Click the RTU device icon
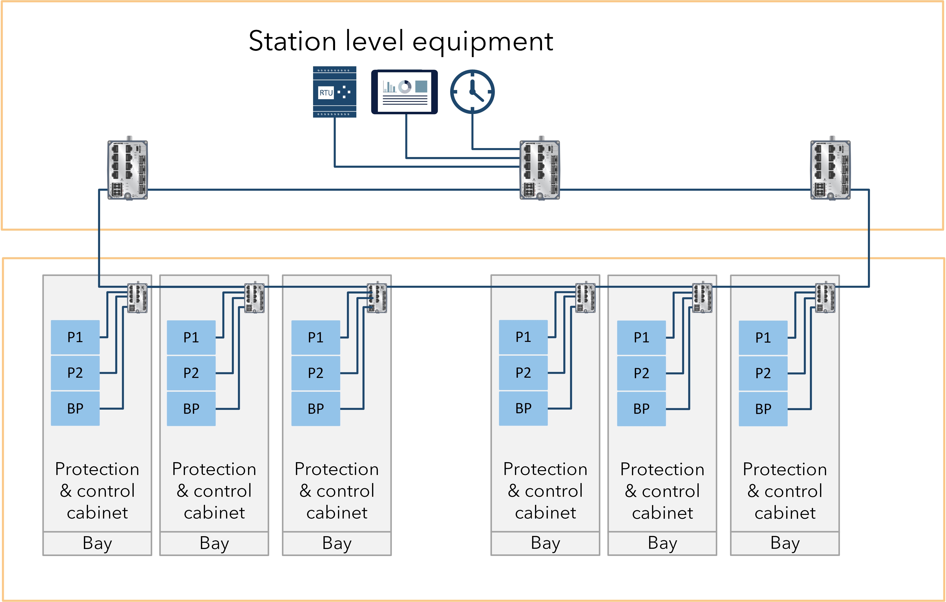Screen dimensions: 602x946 click(334, 92)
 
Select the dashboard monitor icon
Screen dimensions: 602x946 click(404, 92)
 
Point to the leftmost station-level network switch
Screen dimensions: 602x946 click(128, 170)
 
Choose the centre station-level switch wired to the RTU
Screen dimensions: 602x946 click(540, 170)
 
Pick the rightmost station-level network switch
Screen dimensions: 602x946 click(830, 170)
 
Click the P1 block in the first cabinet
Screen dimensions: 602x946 click(75, 337)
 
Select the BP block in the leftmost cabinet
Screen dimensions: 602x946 click(75, 408)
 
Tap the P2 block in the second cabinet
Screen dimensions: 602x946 click(191, 373)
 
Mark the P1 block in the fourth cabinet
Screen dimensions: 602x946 click(523, 337)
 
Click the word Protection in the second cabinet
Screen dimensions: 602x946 click(214, 469)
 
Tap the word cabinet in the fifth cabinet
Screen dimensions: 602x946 click(662, 513)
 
